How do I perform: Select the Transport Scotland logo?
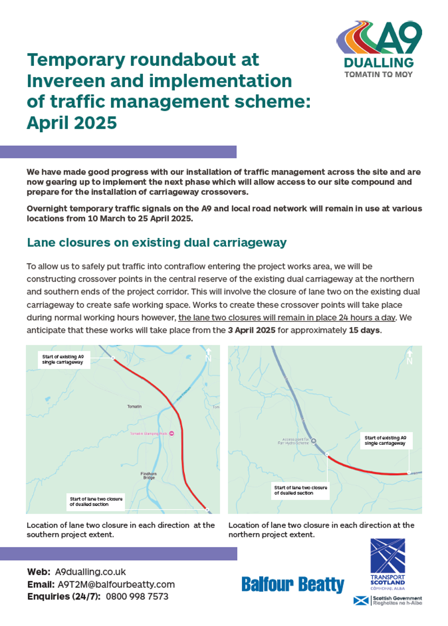(388, 564)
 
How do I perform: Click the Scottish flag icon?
(361, 601)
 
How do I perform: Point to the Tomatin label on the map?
(134, 406)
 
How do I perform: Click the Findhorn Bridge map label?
(149, 476)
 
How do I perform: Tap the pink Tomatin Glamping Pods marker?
(171, 434)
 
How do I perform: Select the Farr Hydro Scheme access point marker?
(313, 441)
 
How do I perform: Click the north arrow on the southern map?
(209, 355)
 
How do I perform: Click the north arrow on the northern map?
(410, 357)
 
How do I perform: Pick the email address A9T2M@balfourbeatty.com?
(116, 584)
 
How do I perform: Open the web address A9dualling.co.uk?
(90, 572)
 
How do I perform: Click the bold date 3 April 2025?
(252, 330)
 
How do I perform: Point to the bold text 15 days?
(364, 330)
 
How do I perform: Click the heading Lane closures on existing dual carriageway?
(157, 243)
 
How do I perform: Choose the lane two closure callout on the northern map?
(300, 490)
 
